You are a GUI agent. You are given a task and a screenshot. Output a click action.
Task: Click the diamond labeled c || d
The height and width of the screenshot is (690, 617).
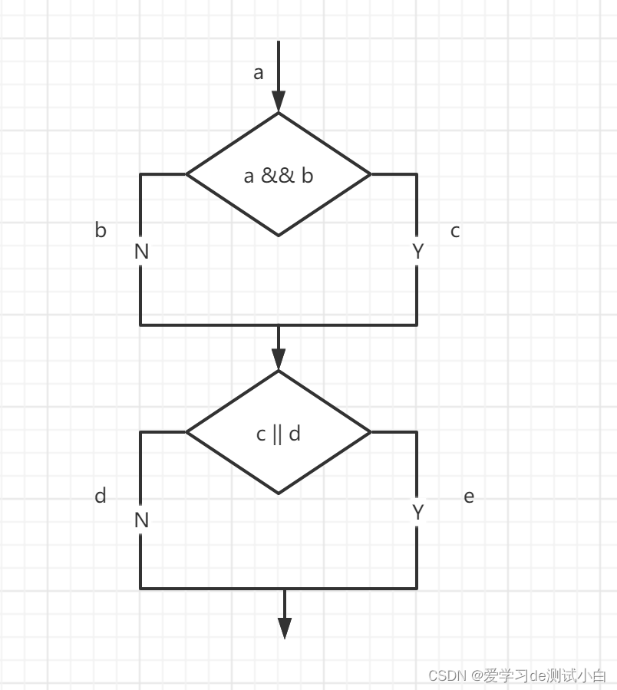[x=279, y=461]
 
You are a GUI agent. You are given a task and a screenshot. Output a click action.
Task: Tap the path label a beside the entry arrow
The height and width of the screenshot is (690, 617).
[x=259, y=73]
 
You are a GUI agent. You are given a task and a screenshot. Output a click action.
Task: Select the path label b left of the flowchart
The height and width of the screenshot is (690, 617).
[x=101, y=230]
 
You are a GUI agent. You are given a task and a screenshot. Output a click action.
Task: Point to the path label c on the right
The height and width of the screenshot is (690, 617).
[x=455, y=231]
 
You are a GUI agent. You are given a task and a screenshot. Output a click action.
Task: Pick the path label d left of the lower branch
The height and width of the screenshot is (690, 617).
[x=101, y=496]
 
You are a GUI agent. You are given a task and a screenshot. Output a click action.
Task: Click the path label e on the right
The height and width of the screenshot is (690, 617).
[x=469, y=497]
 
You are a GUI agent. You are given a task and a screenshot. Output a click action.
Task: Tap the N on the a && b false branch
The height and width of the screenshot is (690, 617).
[x=141, y=252]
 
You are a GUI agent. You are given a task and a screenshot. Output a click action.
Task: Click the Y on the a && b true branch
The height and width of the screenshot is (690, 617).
[x=418, y=252]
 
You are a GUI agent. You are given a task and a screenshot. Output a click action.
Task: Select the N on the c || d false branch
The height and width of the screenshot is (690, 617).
[x=141, y=520]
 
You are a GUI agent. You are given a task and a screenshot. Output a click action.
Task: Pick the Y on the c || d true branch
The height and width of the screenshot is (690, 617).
[x=418, y=513]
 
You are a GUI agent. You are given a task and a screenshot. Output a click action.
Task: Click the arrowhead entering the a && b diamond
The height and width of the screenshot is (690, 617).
[x=279, y=102]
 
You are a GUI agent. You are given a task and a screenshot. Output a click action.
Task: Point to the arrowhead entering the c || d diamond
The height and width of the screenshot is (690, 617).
[x=279, y=360]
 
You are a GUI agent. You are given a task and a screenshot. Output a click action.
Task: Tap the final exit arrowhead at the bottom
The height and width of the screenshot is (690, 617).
[x=285, y=628]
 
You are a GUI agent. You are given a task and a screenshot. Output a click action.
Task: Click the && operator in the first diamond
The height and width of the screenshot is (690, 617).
[x=278, y=176]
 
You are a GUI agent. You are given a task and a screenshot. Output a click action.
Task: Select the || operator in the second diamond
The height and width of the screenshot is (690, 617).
[x=277, y=434]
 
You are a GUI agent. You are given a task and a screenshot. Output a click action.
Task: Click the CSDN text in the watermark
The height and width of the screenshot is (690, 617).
[x=447, y=675]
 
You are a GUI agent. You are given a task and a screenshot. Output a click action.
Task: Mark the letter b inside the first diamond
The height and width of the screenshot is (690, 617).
[x=307, y=176]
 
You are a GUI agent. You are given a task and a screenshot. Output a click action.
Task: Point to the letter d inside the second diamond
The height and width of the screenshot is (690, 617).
[x=294, y=434]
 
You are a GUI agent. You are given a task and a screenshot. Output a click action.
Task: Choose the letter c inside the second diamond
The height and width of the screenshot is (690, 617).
[x=262, y=434]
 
